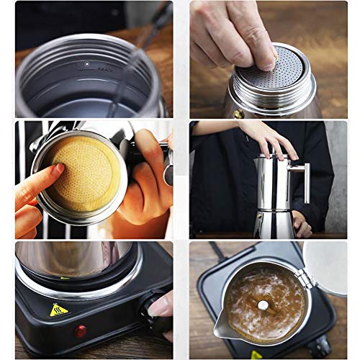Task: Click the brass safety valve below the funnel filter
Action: (238, 114)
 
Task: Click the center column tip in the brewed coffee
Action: (263, 305)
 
